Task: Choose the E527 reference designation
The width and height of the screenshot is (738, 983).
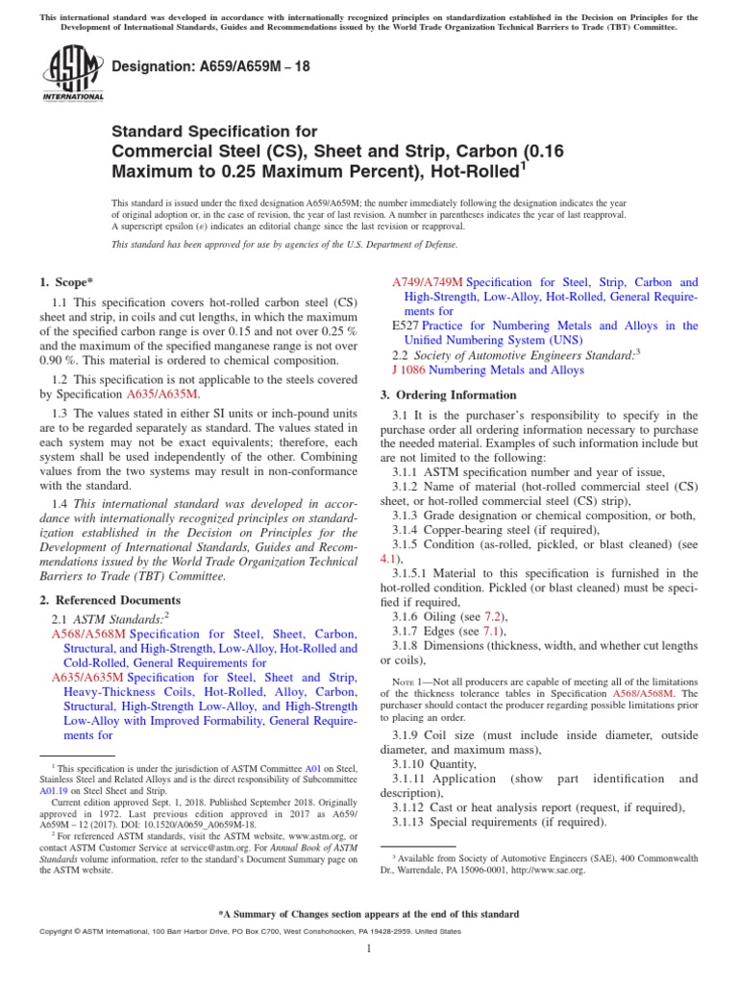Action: [406, 326]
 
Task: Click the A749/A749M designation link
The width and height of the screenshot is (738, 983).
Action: [429, 283]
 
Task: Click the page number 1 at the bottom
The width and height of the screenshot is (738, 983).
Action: [369, 949]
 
